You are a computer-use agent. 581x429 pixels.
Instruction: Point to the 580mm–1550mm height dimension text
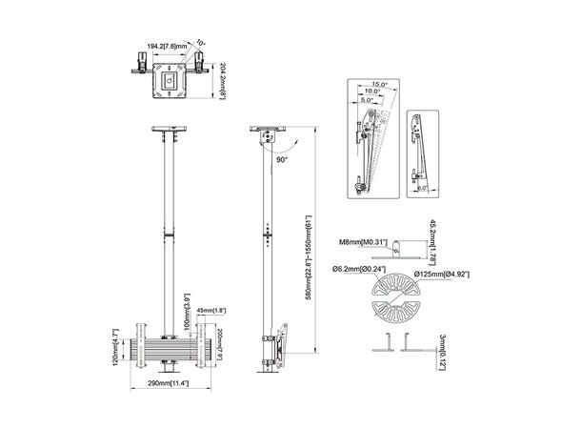click(307, 254)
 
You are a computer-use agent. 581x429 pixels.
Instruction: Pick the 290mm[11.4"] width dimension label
click(168, 383)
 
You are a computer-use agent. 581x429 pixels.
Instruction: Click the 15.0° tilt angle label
click(380, 85)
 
